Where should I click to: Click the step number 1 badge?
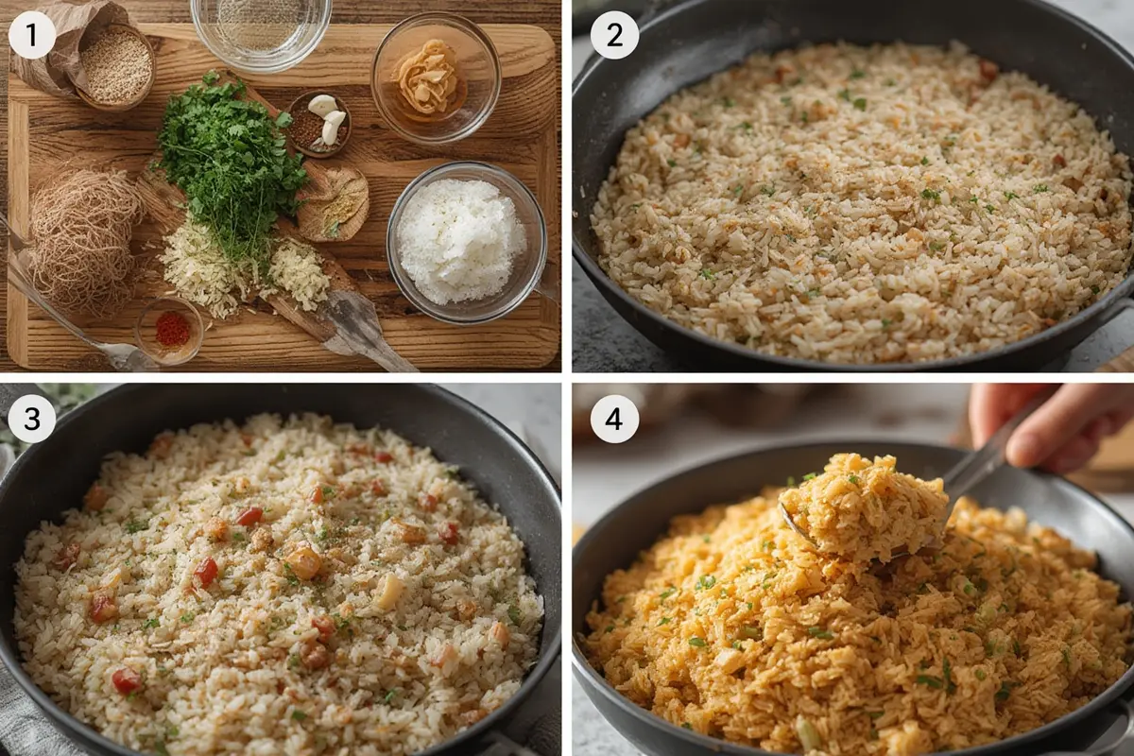pos(32,35)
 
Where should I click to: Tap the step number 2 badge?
pos(614,35)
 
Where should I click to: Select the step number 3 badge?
pos(32,420)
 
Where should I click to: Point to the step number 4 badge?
pos(614,420)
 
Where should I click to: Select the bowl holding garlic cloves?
pos(319,123)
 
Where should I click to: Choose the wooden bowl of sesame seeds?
pos(115,64)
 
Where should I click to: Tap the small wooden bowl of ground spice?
pos(333,203)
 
